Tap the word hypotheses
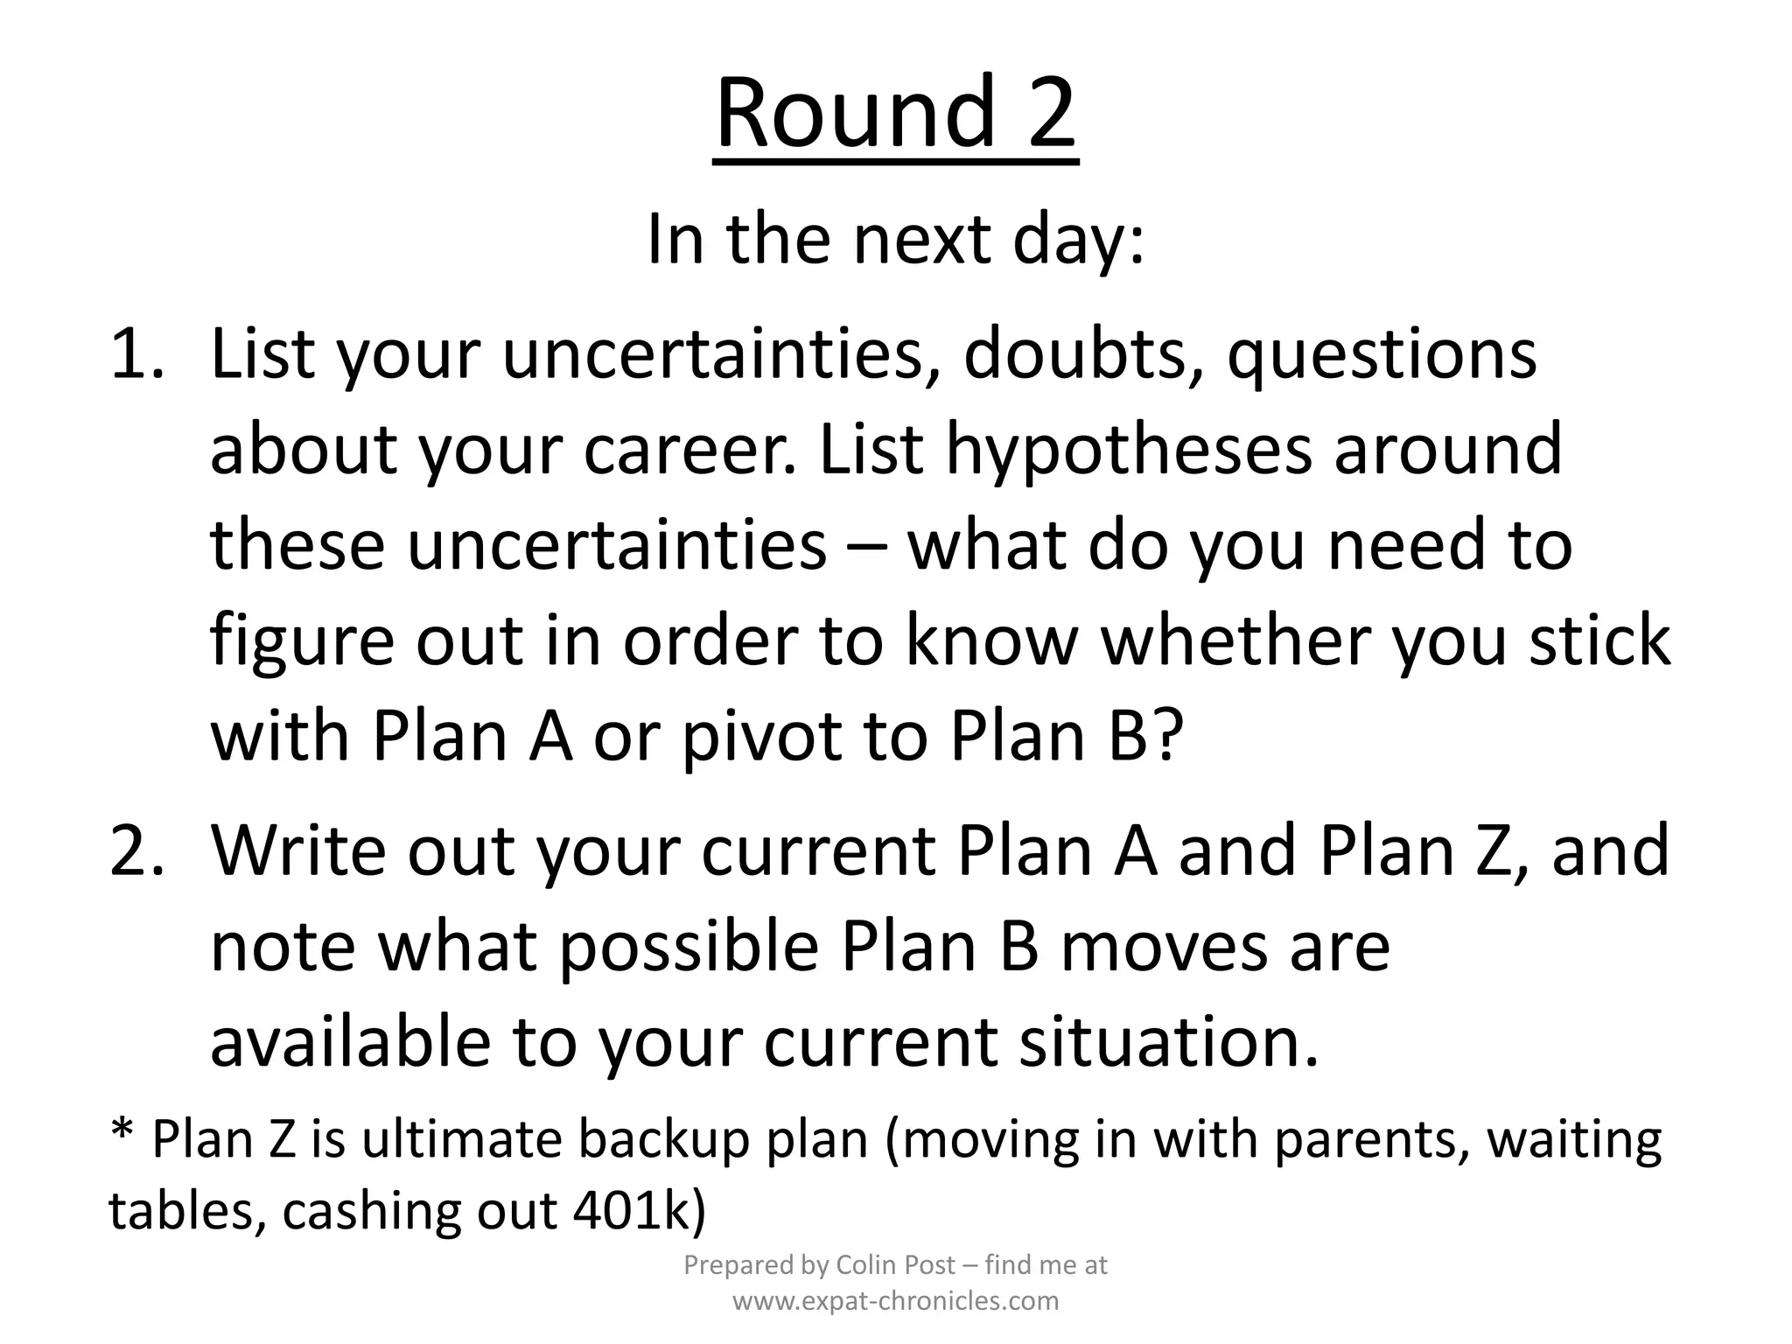pos(1130,449)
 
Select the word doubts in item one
pos(1085,353)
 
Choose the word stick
pos(1600,640)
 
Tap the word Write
pos(298,850)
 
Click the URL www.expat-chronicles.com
pos(895,1301)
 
